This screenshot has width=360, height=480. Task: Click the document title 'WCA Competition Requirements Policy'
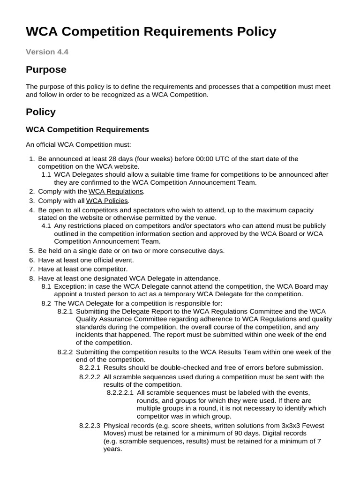[151, 32]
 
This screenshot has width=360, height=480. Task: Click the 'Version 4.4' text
[47, 52]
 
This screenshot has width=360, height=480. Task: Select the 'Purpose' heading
[46, 70]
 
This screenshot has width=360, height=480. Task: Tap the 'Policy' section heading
[41, 112]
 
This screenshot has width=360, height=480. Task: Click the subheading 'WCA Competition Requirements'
[87, 129]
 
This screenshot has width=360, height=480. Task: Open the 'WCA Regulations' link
[116, 191]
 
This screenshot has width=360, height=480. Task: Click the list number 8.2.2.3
[90, 425]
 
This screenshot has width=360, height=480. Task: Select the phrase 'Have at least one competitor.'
[82, 269]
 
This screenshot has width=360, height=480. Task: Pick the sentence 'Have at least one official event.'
[86, 260]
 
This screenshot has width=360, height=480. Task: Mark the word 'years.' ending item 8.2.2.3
[112, 449]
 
